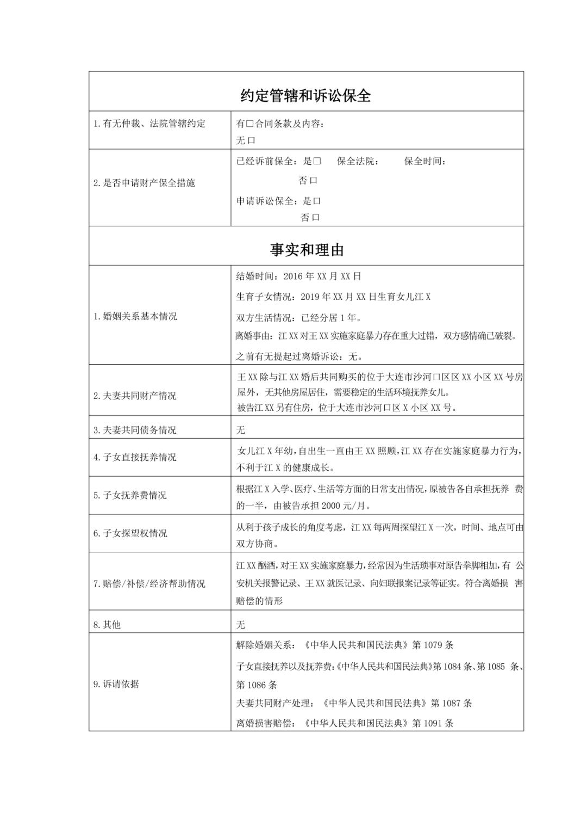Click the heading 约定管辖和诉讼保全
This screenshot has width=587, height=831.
306,96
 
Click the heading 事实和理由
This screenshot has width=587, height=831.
307,250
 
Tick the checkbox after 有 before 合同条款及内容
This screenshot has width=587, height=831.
251,124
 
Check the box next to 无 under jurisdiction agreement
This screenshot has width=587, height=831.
252,140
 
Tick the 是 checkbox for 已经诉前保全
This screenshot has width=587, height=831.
317,161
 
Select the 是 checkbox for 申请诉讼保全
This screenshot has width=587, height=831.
317,201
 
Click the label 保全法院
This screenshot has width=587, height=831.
358,161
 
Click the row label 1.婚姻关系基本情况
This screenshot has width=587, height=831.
135,316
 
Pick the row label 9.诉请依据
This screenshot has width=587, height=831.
116,684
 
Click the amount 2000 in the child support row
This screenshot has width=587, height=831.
330,506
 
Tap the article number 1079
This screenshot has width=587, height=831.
433,645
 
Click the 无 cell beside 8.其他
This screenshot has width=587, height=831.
241,625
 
